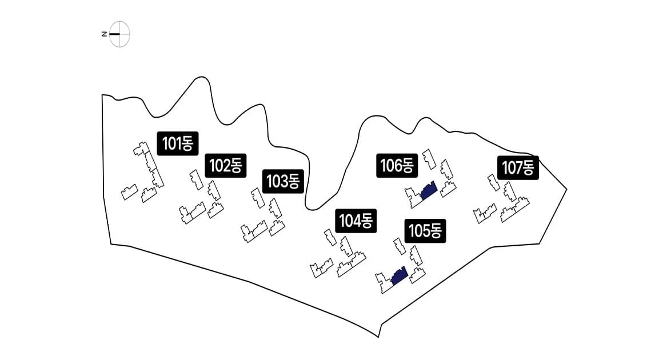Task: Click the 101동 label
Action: click(178, 143)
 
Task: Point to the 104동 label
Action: click(356, 221)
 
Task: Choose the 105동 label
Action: click(425, 231)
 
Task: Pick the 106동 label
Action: click(397, 166)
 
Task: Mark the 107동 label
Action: click(518, 167)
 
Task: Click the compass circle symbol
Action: click(120, 34)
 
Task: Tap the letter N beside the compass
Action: click(104, 34)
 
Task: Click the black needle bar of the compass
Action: click(115, 34)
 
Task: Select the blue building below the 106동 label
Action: click(429, 190)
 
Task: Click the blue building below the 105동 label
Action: click(399, 276)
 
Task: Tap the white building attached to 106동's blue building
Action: click(413, 197)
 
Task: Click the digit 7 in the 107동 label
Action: click(518, 167)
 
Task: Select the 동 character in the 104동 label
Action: click(365, 221)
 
